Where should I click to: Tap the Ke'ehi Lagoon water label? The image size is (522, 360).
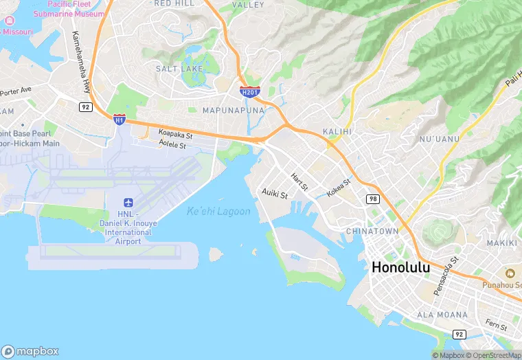click(218, 212)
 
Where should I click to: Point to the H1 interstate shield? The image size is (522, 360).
click(120, 119)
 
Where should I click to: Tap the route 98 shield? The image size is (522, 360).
click(372, 199)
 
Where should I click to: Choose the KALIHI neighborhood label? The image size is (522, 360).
click(337, 131)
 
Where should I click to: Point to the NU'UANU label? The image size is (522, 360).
click(438, 139)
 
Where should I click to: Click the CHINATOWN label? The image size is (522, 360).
click(372, 232)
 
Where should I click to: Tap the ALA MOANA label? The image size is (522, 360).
click(442, 315)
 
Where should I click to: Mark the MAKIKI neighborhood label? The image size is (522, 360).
click(502, 243)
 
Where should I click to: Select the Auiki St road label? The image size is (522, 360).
click(275, 194)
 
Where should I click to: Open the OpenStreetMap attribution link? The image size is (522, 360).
click(492, 355)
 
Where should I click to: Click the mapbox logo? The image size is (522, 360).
click(31, 350)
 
